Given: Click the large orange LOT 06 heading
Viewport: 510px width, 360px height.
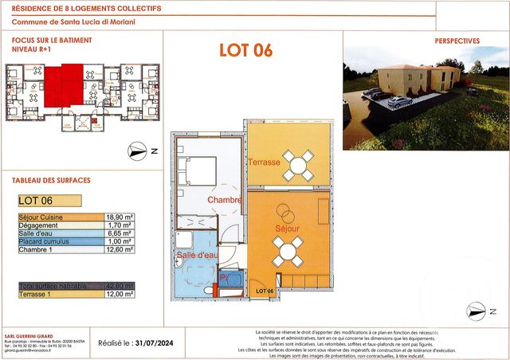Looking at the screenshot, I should (245, 50).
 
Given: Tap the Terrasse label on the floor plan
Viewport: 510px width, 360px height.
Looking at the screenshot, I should (263, 162).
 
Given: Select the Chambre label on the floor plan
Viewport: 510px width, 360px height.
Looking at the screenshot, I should (223, 200).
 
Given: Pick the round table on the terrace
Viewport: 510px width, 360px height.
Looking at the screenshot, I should (300, 166).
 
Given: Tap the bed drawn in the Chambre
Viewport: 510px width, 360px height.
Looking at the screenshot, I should (196, 170).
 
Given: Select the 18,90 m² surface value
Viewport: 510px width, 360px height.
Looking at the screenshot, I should (119, 217).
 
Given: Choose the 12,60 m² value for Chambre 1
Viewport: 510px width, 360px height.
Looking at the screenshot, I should (119, 249).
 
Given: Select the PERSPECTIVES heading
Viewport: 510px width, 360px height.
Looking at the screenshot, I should (457, 41).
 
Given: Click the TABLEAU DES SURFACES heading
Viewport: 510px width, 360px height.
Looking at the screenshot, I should (46, 180).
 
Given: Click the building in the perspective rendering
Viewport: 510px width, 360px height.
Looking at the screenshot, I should (418, 80).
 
